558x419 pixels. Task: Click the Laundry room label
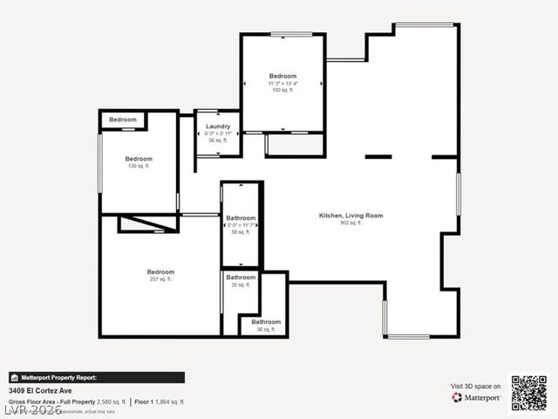pos(218,127)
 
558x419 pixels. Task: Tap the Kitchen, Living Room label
pos(350,216)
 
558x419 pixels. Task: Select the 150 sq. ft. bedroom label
pos(282,77)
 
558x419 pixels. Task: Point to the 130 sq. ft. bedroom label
pos(139,159)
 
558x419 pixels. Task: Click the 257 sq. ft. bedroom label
pos(160,272)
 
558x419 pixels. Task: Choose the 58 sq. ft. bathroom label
pos(241,218)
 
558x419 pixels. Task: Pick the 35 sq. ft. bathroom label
pos(241,278)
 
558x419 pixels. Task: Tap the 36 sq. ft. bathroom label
pos(266,322)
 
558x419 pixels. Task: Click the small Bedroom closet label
pos(123,120)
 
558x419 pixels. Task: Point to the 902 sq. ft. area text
pos(350,223)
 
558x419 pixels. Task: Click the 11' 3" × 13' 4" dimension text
pos(282,84)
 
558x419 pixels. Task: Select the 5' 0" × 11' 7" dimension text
pos(241,225)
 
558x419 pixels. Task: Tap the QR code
pos(529,393)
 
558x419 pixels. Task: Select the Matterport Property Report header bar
pos(96,378)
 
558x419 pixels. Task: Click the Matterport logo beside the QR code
pos(476,397)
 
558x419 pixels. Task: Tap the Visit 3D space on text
pos(475,385)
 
